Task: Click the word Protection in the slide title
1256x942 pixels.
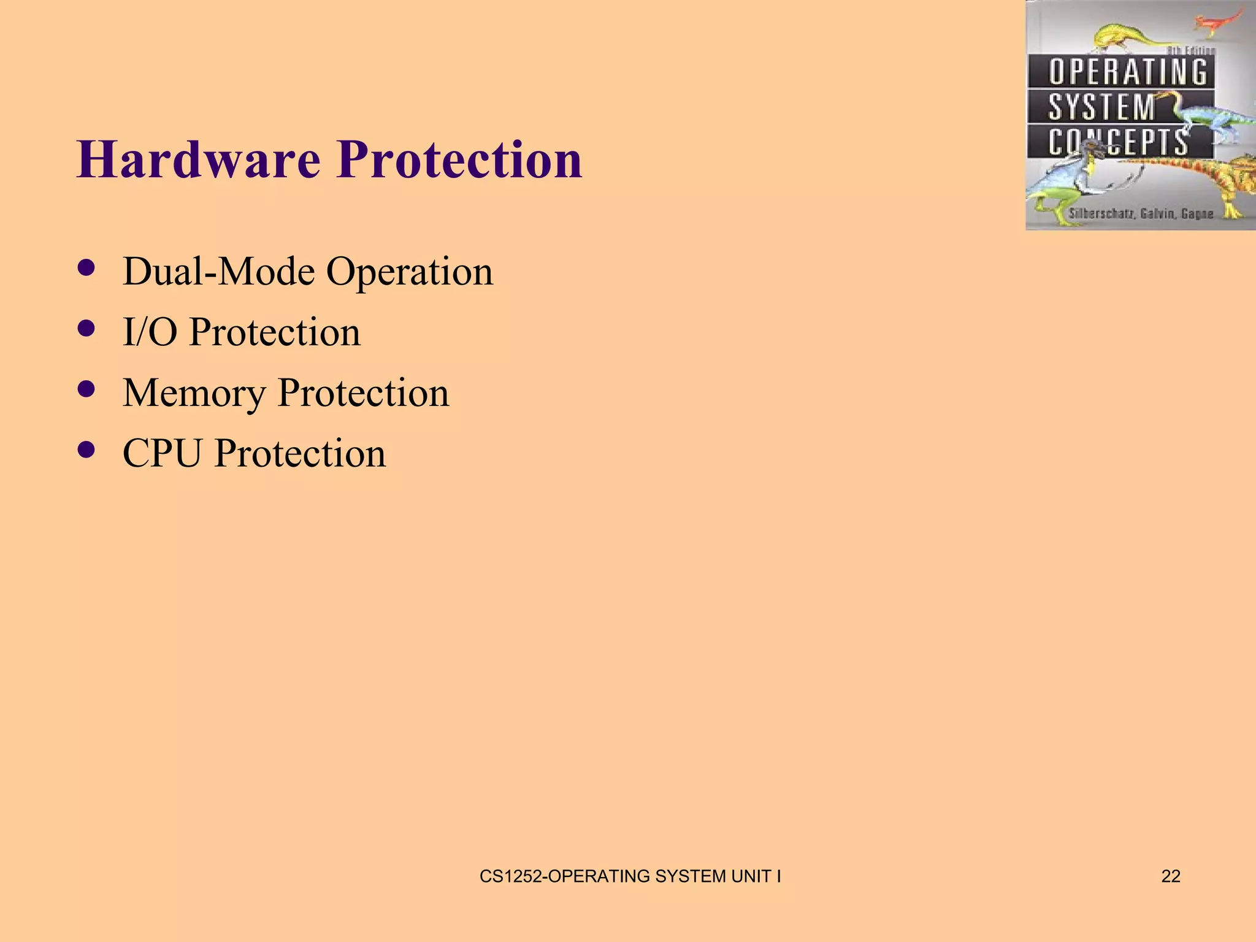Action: tap(459, 159)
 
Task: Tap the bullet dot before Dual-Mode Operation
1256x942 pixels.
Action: tap(87, 268)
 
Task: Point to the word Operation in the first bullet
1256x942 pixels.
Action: tap(409, 272)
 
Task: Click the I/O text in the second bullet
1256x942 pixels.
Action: tap(150, 332)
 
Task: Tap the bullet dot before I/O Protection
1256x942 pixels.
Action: tap(87, 329)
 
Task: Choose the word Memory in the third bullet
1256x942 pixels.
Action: tap(194, 393)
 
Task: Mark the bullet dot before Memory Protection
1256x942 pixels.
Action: tap(87, 389)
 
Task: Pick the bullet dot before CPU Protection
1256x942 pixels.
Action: tap(87, 450)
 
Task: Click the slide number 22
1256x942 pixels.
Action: tap(1171, 876)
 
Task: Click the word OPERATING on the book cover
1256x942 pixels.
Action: tap(1127, 72)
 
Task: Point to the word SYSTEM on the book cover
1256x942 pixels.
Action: tap(1101, 107)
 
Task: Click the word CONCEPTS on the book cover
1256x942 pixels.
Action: tap(1117, 142)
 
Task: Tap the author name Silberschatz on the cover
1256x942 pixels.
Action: tap(1101, 214)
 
